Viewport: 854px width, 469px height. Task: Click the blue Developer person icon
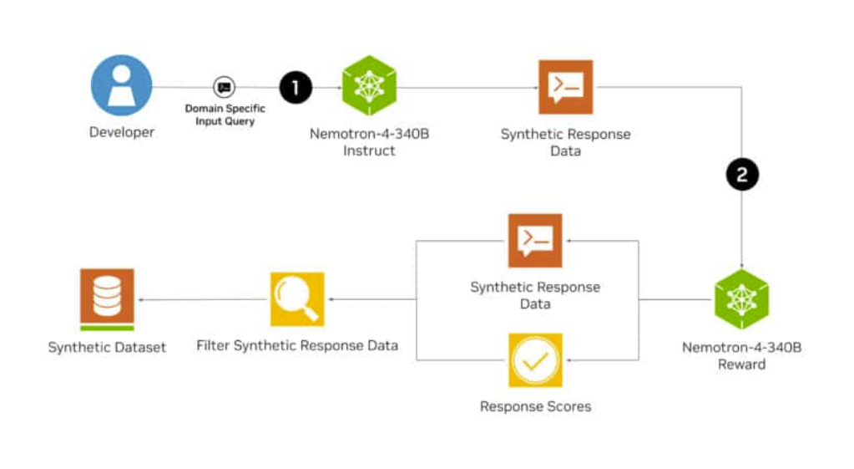point(122,85)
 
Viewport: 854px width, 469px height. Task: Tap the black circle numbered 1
point(296,86)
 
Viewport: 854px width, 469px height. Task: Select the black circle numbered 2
point(742,174)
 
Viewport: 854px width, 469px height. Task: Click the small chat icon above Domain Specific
point(224,87)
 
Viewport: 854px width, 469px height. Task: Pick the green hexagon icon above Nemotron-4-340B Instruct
point(369,86)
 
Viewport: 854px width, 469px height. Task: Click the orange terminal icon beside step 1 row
point(565,87)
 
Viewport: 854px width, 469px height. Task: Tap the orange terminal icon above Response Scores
point(535,241)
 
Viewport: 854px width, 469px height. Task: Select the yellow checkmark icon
point(535,360)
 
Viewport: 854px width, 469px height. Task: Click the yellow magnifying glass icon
point(296,299)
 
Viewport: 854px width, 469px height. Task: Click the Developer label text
point(122,132)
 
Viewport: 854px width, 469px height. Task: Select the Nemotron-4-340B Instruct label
point(369,141)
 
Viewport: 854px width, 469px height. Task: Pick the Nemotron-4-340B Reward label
point(741,355)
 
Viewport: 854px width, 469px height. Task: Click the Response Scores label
point(535,407)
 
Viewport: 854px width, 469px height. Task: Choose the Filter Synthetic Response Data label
point(297,345)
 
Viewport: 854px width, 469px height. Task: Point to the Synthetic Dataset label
point(107,347)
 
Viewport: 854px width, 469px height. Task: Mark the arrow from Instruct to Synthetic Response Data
point(467,87)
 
